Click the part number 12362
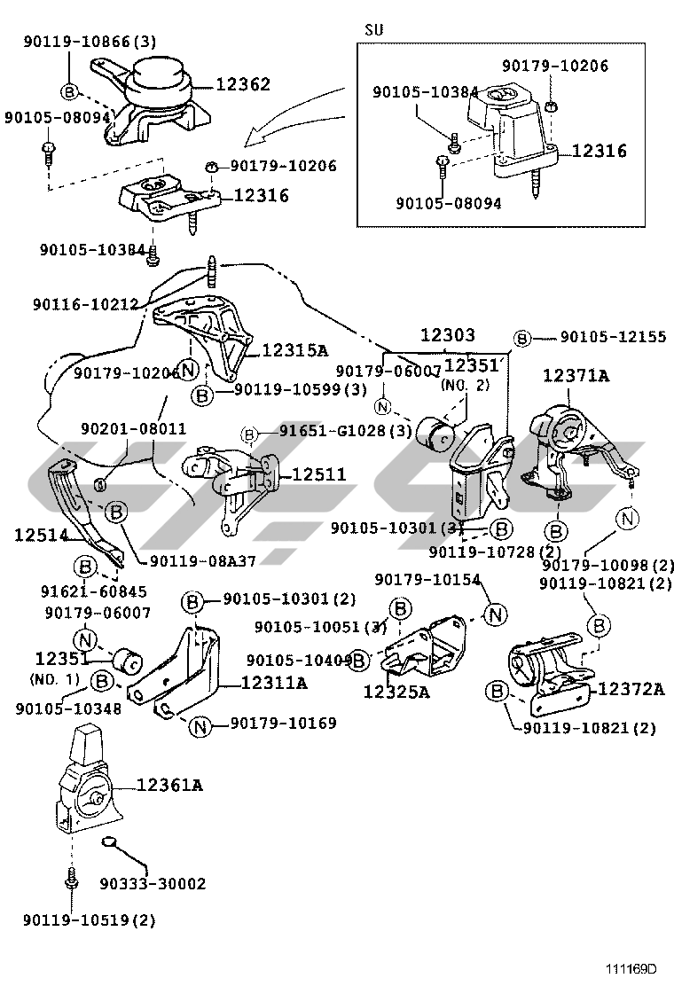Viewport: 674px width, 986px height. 242,84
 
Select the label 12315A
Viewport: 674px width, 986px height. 296,350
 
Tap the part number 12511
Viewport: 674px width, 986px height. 317,475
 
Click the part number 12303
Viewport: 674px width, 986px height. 447,336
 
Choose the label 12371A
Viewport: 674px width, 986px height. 576,376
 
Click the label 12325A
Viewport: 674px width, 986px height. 396,692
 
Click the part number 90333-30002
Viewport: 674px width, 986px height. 153,883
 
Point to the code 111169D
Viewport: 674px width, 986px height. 631,967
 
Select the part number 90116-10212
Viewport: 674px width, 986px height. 85,304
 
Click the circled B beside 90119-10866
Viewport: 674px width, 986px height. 70,90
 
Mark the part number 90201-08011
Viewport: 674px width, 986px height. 133,428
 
